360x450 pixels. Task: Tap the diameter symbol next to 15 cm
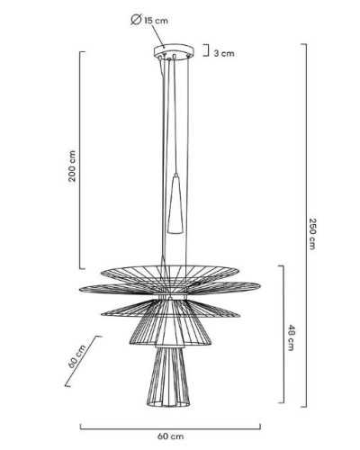[x=136, y=20]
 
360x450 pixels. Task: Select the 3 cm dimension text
[x=224, y=53]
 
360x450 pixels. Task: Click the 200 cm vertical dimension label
[x=72, y=166]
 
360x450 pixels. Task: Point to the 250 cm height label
[x=312, y=234]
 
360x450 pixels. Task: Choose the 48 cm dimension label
[x=291, y=337]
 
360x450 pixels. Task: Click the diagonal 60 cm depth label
[x=76, y=356]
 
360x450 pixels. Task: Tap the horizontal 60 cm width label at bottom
[x=170, y=436]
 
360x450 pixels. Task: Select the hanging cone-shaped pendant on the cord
[x=175, y=203]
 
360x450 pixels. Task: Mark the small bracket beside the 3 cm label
[x=206, y=50]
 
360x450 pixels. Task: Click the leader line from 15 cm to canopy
[x=157, y=36]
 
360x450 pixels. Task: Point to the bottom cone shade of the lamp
[x=169, y=376]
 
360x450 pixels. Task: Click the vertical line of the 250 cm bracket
[x=306, y=226]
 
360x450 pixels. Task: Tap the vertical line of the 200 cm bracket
[x=80, y=160]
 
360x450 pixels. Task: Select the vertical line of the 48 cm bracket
[x=283, y=334]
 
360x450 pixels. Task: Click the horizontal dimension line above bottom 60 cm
[x=170, y=428]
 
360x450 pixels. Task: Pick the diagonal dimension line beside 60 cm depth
[x=82, y=361]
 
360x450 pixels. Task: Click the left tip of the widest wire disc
[x=79, y=289]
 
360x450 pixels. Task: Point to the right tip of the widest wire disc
[x=260, y=286]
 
